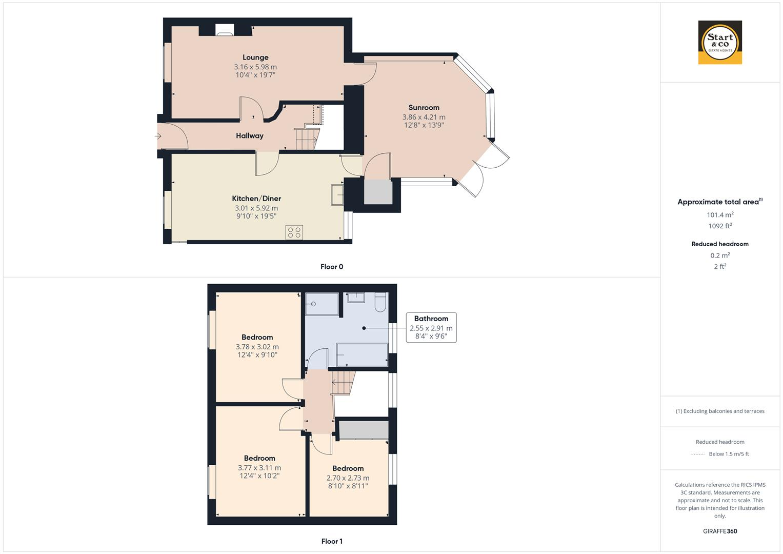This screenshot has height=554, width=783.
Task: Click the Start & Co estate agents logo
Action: pyautogui.click(x=720, y=42)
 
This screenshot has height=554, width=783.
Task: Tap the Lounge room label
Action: pyautogui.click(x=255, y=57)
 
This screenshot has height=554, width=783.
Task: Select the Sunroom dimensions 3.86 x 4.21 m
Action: pyautogui.click(x=424, y=117)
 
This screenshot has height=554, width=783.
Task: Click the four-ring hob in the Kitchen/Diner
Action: pyautogui.click(x=294, y=232)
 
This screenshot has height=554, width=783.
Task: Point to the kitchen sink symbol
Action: pyautogui.click(x=337, y=195)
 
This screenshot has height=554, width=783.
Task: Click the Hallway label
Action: pyautogui.click(x=250, y=136)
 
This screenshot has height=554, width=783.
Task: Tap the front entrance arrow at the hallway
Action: pyautogui.click(x=158, y=136)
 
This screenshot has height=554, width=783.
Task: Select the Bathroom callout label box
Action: pyautogui.click(x=431, y=327)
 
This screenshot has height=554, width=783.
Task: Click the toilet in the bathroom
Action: pyautogui.click(x=380, y=303)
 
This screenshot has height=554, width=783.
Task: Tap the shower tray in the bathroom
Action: pyautogui.click(x=322, y=304)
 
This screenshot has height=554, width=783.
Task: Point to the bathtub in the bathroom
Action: pyautogui.click(x=362, y=355)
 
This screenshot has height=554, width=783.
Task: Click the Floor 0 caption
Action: pyautogui.click(x=332, y=267)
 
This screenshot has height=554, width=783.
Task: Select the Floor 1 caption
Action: pyautogui.click(x=332, y=541)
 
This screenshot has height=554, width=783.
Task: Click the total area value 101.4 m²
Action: pyautogui.click(x=720, y=215)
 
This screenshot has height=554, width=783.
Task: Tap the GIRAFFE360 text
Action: pyautogui.click(x=720, y=531)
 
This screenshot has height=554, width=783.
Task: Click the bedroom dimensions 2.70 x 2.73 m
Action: pyautogui.click(x=348, y=478)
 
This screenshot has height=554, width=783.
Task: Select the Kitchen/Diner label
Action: pyautogui.click(x=256, y=199)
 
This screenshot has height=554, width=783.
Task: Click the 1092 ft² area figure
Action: pyautogui.click(x=720, y=226)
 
